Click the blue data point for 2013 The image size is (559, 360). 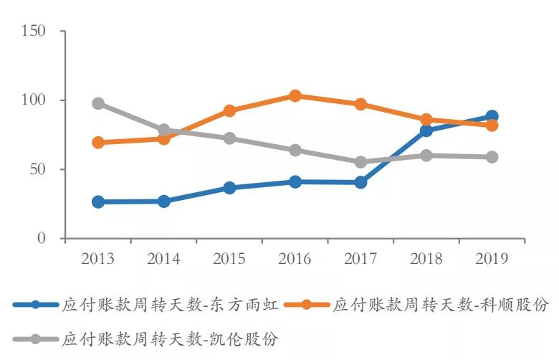98,202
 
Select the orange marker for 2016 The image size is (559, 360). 295,96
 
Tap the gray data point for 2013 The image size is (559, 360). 98,103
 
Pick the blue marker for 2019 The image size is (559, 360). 492,116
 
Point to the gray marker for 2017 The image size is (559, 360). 360,162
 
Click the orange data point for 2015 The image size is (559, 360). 229,110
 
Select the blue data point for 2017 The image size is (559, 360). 360,182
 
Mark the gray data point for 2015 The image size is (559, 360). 229,138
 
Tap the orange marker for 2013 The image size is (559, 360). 98,143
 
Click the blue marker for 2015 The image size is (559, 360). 229,188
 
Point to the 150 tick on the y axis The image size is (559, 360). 34,32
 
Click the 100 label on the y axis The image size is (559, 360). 34,100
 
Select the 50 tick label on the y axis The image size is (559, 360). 37,169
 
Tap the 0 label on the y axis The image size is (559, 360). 42,238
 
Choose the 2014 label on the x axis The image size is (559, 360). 163,259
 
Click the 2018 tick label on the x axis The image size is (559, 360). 426,259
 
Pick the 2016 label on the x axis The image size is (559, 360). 295,259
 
